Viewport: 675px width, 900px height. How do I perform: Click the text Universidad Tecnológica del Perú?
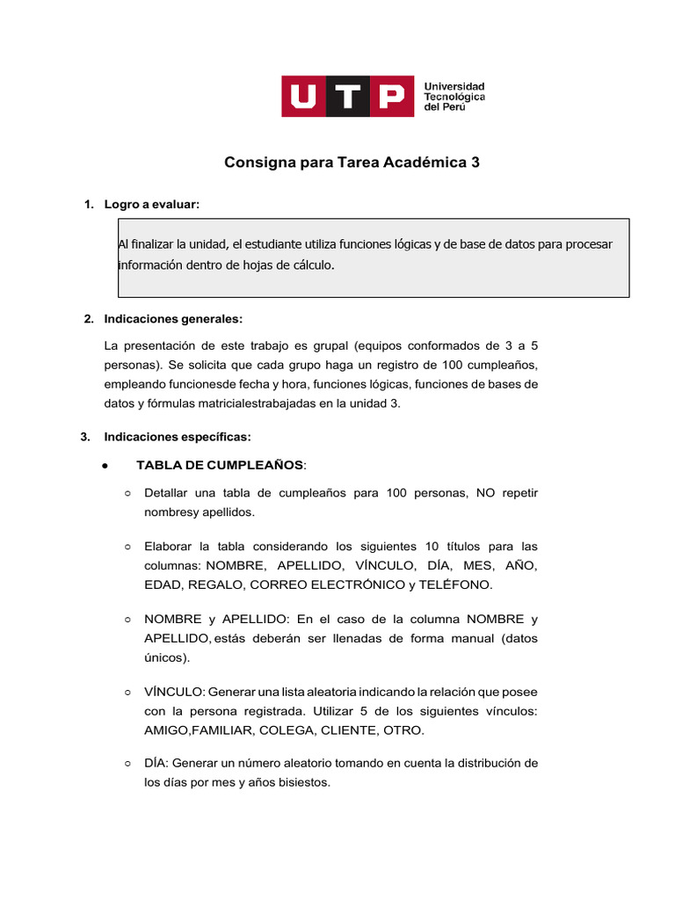point(454,96)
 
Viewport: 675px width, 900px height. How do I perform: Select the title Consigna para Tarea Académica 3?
point(352,163)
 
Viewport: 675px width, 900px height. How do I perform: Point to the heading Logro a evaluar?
point(152,205)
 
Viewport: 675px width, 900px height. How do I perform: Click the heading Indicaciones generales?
point(173,318)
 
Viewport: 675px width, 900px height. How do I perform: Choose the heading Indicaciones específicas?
point(178,436)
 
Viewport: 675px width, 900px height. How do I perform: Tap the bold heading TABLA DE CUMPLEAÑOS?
point(220,465)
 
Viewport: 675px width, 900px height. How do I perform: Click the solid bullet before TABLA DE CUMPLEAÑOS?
point(105,466)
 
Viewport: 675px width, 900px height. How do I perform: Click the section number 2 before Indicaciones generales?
point(87,318)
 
